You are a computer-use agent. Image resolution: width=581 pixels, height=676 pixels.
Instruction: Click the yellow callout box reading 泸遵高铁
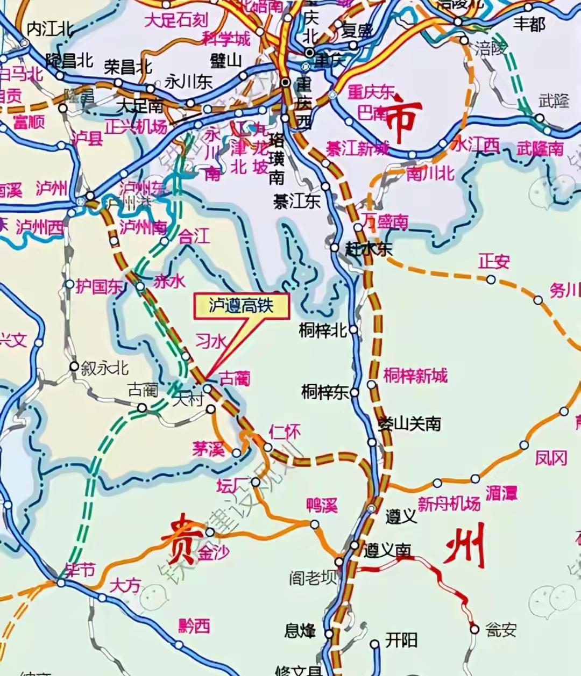click(242, 305)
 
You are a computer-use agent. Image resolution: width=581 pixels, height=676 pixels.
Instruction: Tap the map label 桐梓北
click(323, 330)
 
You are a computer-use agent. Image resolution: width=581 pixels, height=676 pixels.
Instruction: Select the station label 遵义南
click(387, 550)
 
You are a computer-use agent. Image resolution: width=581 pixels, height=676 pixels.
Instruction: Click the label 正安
click(494, 262)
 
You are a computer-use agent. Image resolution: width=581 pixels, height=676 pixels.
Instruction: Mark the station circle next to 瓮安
click(474, 629)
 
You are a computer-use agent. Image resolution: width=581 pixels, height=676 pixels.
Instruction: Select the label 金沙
click(214, 552)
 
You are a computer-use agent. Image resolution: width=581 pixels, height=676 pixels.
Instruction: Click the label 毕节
click(80, 570)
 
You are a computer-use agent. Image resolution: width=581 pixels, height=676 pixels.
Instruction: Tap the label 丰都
click(529, 24)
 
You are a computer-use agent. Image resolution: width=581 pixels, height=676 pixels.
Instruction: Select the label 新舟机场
click(449, 504)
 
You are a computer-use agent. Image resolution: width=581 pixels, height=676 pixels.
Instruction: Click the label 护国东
click(99, 286)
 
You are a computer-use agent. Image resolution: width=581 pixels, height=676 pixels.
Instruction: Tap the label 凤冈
click(551, 458)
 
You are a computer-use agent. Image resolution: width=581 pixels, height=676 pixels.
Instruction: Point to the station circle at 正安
click(491, 279)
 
